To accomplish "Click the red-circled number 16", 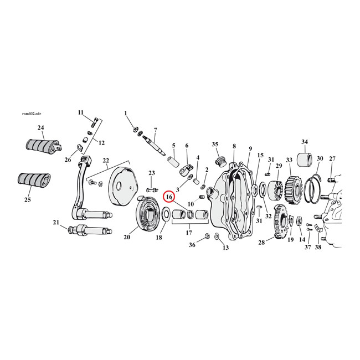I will (169, 197).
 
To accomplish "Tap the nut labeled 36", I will (206, 236).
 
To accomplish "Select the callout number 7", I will (156, 130).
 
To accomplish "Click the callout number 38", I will (318, 246).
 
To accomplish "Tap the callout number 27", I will (332, 159).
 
